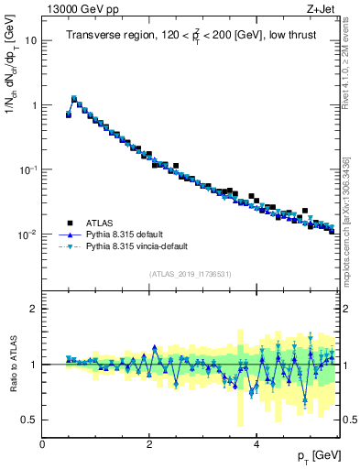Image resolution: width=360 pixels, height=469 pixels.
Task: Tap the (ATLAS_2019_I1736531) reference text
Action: point(191,274)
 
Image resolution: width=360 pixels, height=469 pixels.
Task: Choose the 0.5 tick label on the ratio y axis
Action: point(30,420)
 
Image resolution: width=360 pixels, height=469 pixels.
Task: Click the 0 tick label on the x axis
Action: point(42,443)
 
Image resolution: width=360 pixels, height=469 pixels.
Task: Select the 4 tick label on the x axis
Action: point(256,443)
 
